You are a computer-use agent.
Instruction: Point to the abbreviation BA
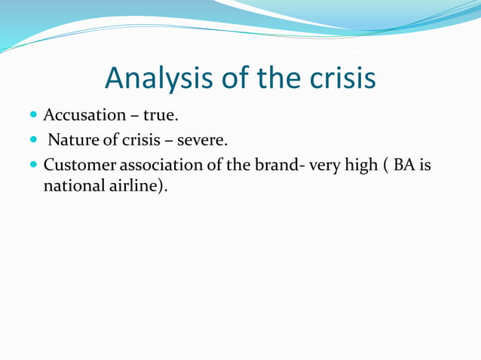pos(405,165)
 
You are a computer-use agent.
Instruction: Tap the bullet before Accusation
pos(34,116)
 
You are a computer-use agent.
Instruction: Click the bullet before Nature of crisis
pos(34,141)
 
